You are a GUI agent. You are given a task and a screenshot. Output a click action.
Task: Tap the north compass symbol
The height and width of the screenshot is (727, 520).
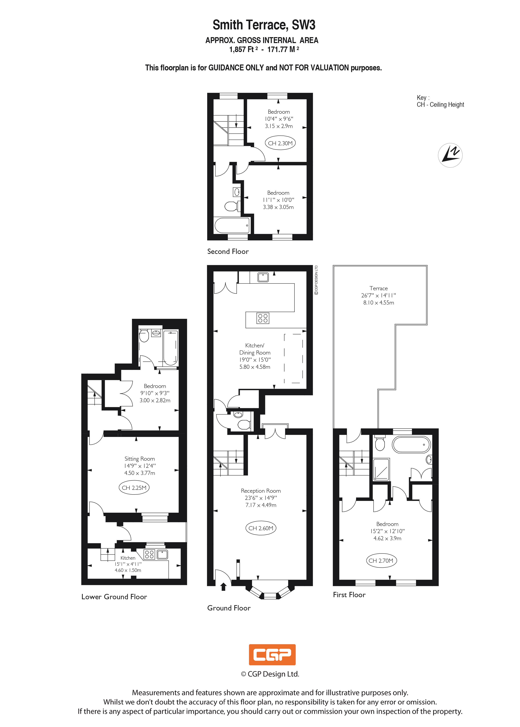pyautogui.click(x=450, y=155)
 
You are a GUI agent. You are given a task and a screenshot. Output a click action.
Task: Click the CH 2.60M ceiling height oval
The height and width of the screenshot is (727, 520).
pyautogui.click(x=261, y=528)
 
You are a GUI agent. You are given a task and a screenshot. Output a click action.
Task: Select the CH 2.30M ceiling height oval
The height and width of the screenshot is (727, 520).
pyautogui.click(x=280, y=143)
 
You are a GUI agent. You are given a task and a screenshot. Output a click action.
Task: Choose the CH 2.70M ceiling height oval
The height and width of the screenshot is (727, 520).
pyautogui.click(x=381, y=560)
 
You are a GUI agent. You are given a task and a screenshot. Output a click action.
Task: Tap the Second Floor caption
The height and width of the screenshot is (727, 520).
pyautogui.click(x=228, y=251)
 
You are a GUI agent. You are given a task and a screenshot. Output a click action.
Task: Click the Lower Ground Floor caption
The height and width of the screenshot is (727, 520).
pyautogui.click(x=114, y=597)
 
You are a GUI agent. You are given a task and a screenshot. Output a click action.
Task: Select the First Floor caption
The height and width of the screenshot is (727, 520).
pyautogui.click(x=349, y=595)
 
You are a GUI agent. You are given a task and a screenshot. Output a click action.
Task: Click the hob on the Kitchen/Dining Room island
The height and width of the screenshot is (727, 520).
pyautogui.click(x=263, y=318)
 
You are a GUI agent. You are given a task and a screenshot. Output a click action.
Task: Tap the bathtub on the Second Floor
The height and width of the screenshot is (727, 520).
pyautogui.click(x=232, y=225)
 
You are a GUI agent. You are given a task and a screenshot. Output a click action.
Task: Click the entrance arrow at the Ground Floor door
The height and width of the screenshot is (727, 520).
pyautogui.click(x=223, y=587)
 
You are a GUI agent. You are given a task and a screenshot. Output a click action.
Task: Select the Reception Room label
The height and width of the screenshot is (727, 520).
pyautogui.click(x=261, y=491)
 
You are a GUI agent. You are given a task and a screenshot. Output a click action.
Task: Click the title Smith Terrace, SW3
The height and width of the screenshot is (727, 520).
pyautogui.click(x=264, y=25)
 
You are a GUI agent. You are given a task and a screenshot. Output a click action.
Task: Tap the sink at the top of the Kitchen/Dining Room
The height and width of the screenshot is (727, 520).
pyautogui.click(x=263, y=277)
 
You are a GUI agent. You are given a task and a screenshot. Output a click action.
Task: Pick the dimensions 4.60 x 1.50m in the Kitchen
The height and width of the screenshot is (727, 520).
pyautogui.click(x=128, y=570)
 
